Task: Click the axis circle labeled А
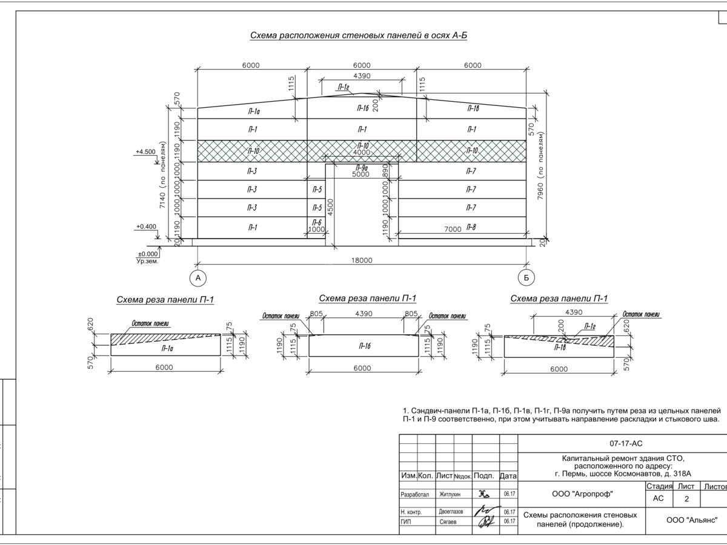coord(198,278)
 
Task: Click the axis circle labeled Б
coord(526,278)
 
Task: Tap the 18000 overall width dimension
coord(362,260)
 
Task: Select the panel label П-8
coord(471,227)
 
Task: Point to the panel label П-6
coord(317,222)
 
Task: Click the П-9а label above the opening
coord(361,168)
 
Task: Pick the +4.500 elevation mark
coord(145,151)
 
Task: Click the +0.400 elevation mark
coord(146,226)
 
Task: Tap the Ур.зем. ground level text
coord(147,261)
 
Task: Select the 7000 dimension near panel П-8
coord(453,230)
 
